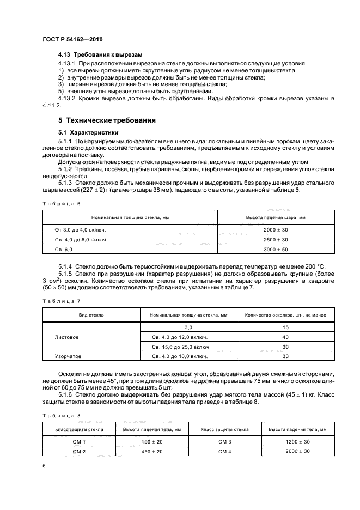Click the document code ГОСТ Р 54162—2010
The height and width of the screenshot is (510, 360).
tap(72, 40)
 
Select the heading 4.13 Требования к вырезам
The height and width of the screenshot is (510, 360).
tap(93, 56)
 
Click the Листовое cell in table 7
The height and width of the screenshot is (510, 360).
tap(66, 337)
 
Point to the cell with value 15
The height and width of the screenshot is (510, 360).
tap(285, 327)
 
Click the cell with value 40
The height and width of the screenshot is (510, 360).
tap(285, 337)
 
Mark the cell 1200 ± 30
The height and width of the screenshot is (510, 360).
tap(297, 441)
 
